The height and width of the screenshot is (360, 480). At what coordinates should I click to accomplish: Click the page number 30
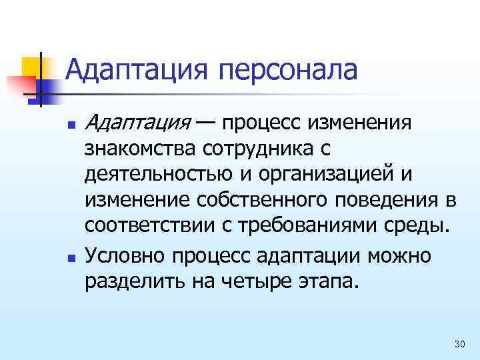click(x=459, y=343)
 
